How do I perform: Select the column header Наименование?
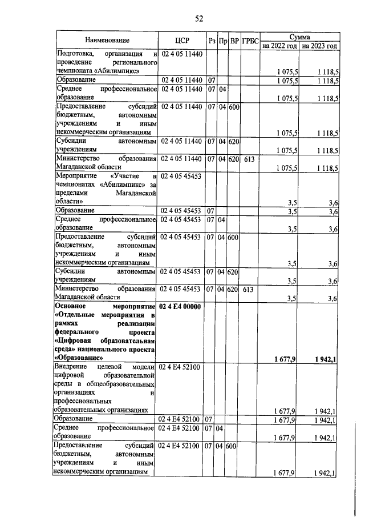pos(107,40)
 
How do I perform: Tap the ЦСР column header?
pos(182,40)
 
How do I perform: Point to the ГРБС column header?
pos(250,41)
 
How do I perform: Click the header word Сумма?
pos(299,35)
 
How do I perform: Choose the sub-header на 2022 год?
pos(280,45)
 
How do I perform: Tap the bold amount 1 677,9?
pos(284,358)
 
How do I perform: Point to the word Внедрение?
pos(71,366)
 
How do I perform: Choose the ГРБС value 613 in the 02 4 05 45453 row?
pos(248,289)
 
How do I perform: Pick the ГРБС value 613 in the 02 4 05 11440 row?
pos(248,158)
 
